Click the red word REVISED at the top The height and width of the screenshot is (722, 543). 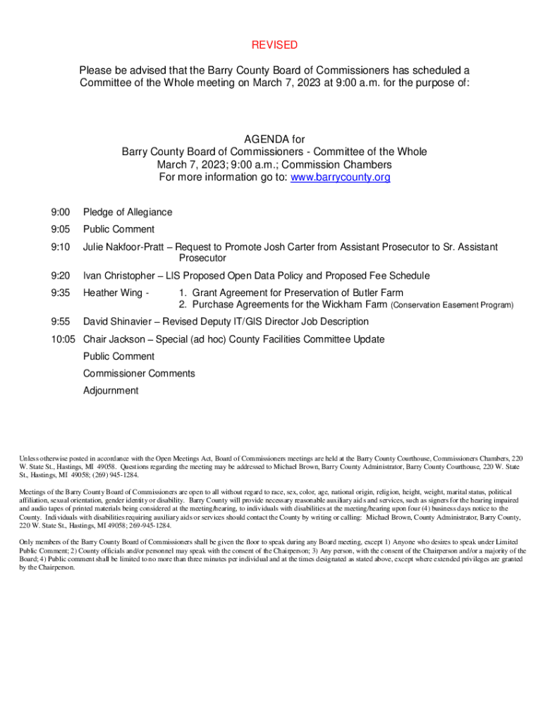[x=274, y=45]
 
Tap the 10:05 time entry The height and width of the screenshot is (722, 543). [x=63, y=340]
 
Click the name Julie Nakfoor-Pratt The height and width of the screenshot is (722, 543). [x=125, y=247]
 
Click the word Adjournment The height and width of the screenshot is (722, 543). [x=111, y=391]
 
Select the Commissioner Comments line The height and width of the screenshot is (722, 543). [x=139, y=374]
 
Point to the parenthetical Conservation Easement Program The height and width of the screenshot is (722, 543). [x=452, y=306]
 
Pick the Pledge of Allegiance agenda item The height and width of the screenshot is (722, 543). [x=128, y=212]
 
